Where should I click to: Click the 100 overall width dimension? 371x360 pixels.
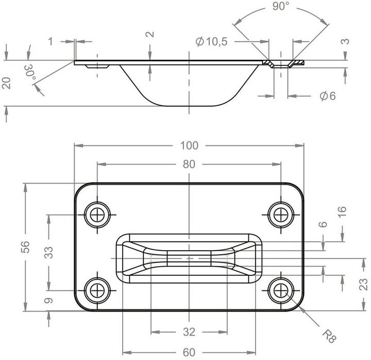[189, 145]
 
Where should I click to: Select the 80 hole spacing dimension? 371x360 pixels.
[189, 165]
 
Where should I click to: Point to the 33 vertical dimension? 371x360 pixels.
[48, 252]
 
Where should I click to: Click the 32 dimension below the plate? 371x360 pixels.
[189, 331]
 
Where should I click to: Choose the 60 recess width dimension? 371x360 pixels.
[189, 352]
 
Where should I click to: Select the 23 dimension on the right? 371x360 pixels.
[363, 283]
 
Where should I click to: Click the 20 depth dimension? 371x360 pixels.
[7, 83]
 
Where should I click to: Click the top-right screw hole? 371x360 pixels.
[281, 214]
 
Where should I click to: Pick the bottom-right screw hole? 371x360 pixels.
[281, 289]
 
